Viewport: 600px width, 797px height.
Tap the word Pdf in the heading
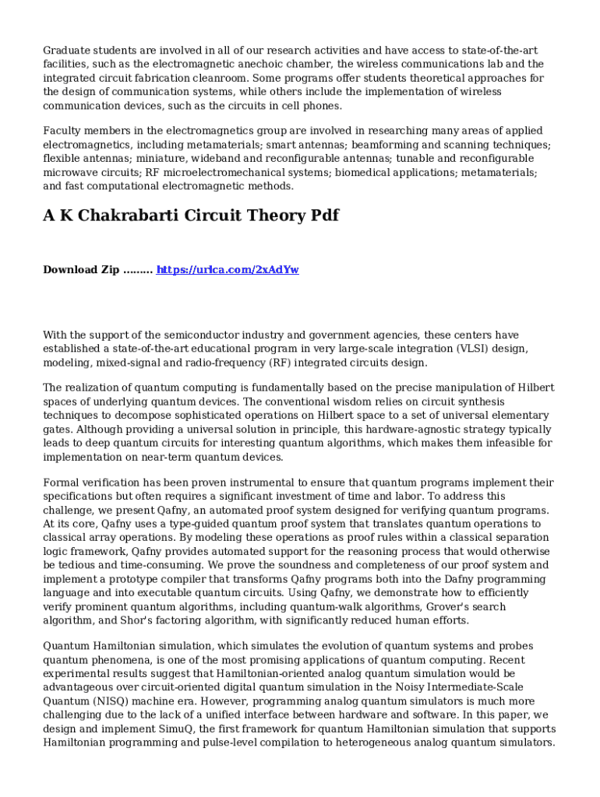(x=321, y=216)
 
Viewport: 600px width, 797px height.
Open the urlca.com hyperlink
(x=228, y=269)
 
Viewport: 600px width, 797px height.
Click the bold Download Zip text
(x=81, y=269)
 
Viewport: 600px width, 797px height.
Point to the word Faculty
(x=61, y=131)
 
